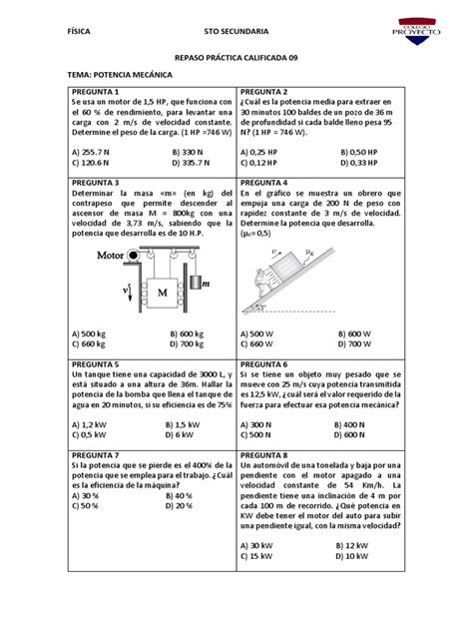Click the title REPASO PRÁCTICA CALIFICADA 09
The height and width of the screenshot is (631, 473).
[x=236, y=58]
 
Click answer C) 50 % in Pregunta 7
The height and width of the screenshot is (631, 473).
[x=86, y=505]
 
